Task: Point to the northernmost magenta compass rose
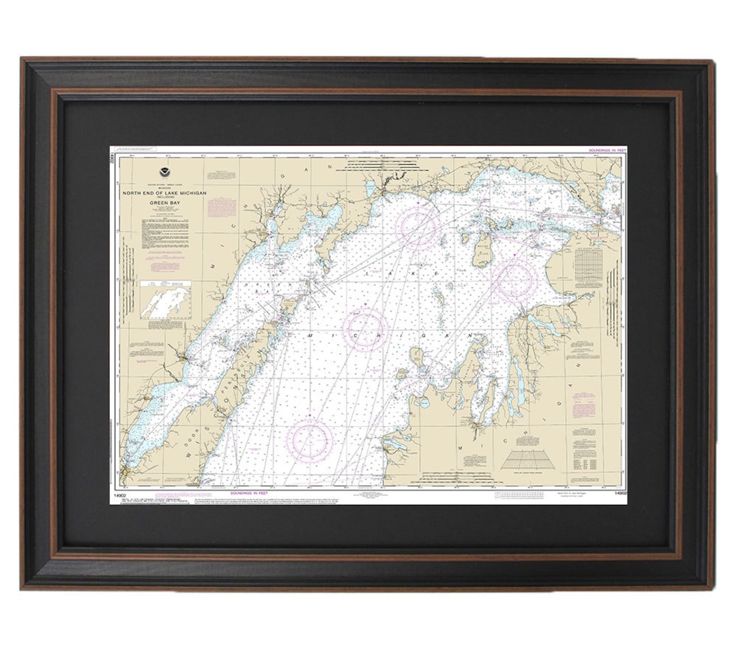click(418, 227)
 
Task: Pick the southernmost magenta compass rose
click(309, 437)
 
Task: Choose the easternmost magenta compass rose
click(514, 281)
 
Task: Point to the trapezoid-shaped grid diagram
click(527, 460)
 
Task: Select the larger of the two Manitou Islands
click(417, 357)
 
